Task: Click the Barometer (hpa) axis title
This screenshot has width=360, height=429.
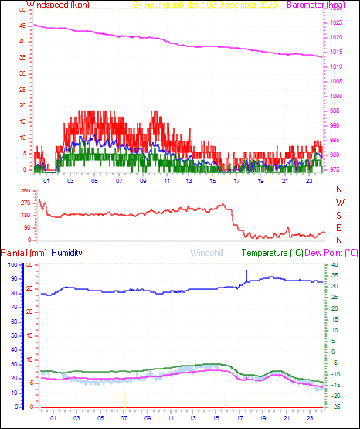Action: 315,5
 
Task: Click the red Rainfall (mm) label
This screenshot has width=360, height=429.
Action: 24,253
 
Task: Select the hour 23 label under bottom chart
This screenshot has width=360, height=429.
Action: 308,418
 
